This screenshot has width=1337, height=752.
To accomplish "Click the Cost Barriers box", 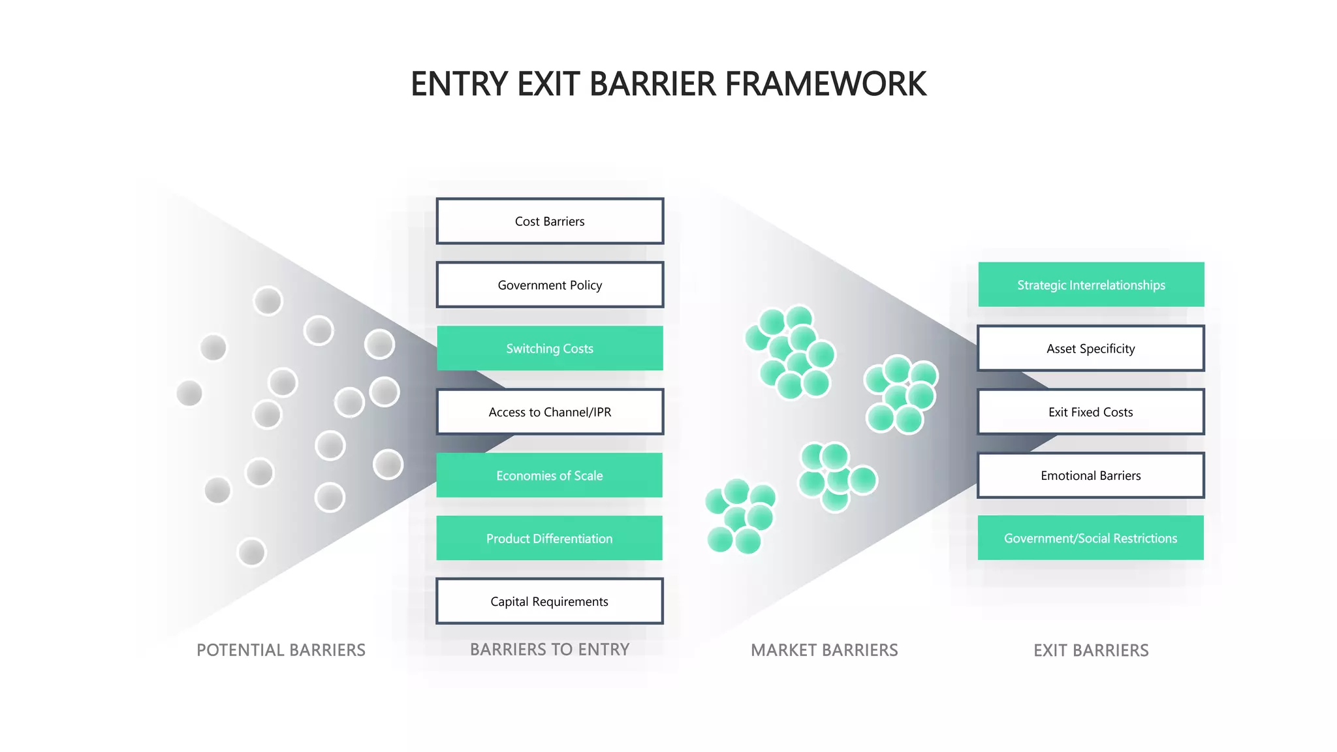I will (550, 221).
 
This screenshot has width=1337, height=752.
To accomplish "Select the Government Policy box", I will (550, 285).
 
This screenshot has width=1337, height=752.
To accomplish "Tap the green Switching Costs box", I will (550, 348).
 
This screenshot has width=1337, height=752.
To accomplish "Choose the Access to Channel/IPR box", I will (550, 412).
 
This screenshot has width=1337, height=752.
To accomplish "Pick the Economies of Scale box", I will (550, 475).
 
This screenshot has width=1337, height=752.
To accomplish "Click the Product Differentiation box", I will (550, 539).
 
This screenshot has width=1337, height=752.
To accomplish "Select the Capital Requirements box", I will (550, 601).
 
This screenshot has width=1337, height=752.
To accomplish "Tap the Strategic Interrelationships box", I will (1091, 285).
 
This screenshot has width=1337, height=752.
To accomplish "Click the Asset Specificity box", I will (1091, 348).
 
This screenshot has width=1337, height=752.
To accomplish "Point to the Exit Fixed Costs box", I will (1091, 412).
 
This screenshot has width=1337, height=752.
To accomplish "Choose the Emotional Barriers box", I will (1091, 475).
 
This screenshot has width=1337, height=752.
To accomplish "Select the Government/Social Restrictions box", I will (1091, 538).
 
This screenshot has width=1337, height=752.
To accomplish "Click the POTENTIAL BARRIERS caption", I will (281, 650).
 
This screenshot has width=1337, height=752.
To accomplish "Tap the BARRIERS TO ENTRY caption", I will (550, 650).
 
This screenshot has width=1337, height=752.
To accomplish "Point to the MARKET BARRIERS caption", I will (825, 650).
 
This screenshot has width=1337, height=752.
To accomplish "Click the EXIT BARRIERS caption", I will (1091, 650).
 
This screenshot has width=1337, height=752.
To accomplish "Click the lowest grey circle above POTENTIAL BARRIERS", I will (251, 552).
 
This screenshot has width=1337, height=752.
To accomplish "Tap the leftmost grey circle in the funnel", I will (189, 393).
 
